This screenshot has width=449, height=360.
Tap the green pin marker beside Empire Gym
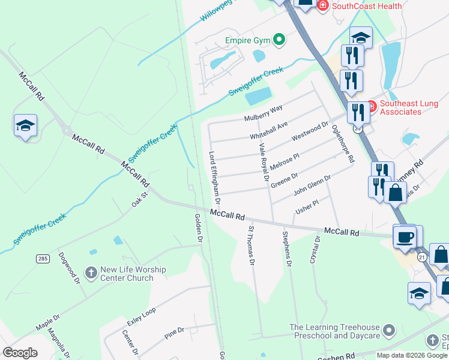pos(279,40)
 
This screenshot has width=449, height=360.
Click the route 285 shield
pos(42,259)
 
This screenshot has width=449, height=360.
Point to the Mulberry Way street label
pos(263,113)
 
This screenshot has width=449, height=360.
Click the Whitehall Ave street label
pos(269,130)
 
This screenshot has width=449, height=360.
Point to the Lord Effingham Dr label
pos(214,176)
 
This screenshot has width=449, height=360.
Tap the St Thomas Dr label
pos(252,246)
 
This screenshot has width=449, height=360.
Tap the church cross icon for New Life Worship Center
pos(91,274)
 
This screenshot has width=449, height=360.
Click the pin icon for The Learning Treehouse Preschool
pos(389,331)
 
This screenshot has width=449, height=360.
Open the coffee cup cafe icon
pos(405,236)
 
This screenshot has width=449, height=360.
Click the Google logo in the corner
pos(20,353)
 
